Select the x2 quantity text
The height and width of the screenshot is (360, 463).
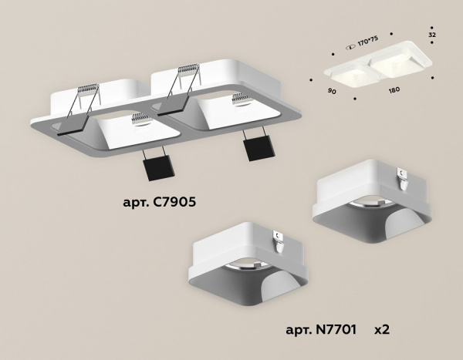point(381,329)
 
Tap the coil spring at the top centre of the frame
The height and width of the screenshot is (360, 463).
point(188,76)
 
